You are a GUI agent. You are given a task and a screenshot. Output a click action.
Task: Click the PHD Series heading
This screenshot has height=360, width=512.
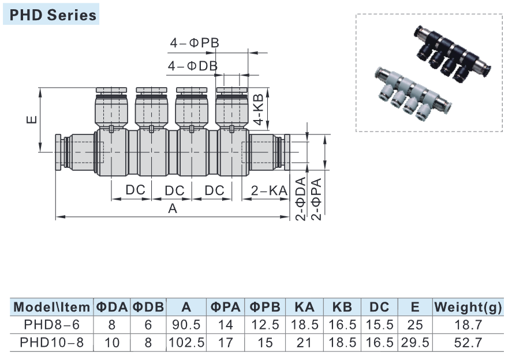[53, 14]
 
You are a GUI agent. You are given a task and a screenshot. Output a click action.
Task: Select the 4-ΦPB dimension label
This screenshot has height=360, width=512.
[194, 43]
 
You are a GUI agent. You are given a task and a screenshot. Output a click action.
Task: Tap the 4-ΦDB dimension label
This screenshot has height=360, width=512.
[193, 66]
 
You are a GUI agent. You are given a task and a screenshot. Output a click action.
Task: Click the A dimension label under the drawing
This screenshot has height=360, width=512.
[172, 209]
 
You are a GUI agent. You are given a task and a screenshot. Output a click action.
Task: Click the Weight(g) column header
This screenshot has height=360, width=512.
[468, 307]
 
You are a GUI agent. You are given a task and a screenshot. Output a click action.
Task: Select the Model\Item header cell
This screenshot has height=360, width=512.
[51, 307]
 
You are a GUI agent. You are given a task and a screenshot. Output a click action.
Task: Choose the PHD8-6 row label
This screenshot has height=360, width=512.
[51, 325]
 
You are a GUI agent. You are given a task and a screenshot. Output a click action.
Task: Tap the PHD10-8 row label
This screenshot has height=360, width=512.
[51, 343]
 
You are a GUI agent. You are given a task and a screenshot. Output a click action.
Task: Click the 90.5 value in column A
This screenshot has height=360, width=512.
[186, 325]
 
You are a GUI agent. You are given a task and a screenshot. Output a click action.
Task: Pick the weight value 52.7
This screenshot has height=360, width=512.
[468, 343]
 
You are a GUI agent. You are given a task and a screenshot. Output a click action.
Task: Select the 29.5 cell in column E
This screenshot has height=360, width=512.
[414, 343]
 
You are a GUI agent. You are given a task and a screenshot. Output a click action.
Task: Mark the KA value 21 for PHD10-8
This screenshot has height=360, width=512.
[304, 343]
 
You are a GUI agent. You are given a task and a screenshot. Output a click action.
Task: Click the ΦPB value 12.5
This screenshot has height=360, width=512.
[265, 325]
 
